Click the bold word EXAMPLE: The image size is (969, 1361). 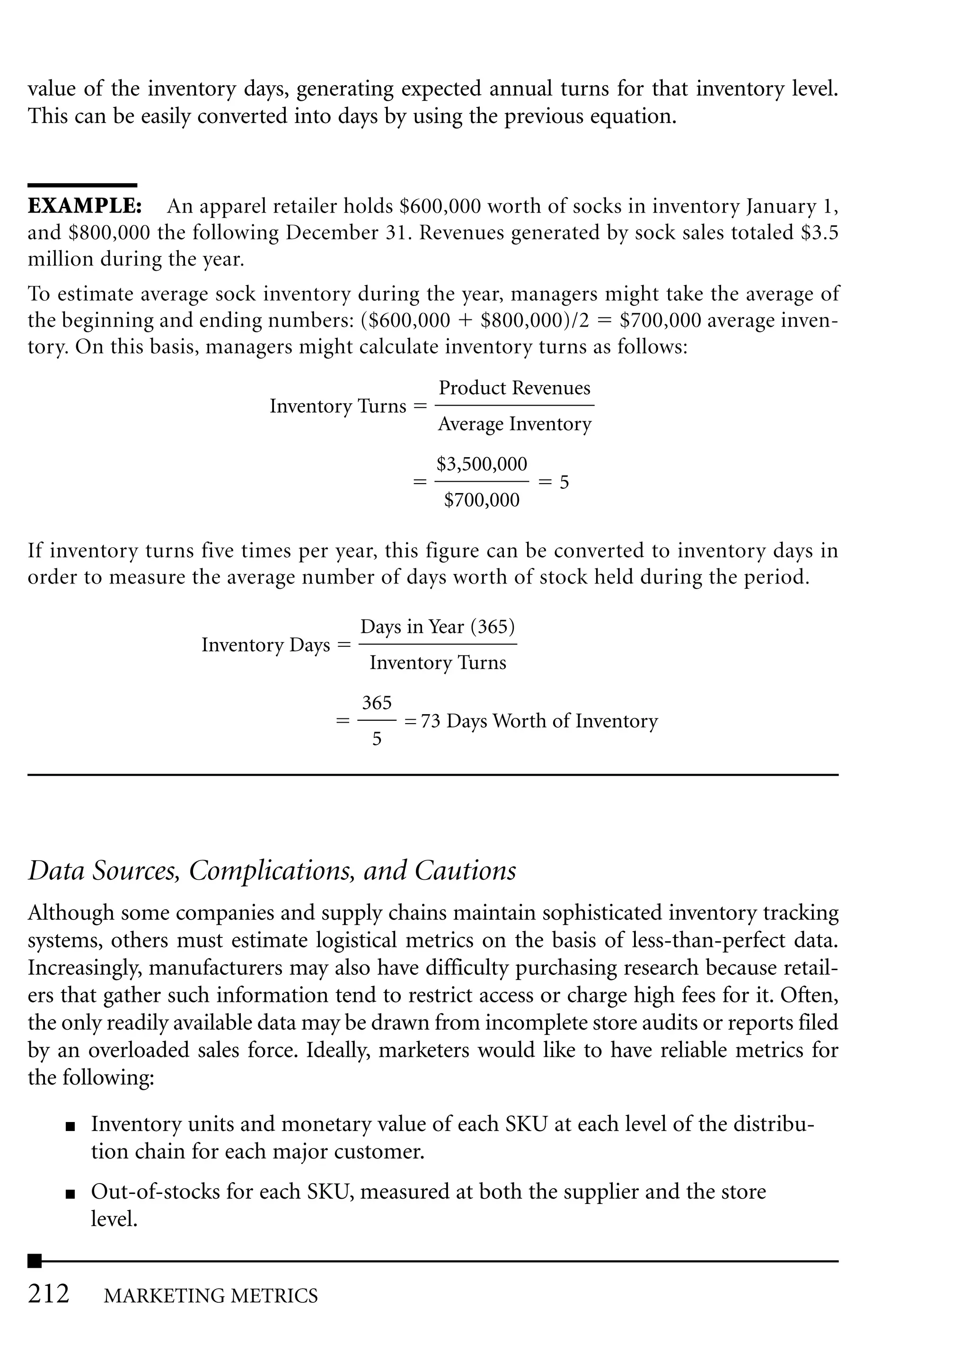coord(85,206)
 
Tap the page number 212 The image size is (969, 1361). coord(48,1294)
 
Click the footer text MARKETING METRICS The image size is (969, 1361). coord(211,1296)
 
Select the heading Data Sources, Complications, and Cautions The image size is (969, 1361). coord(272,871)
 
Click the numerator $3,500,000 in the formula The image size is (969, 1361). coord(482,464)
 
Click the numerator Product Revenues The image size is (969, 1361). coord(514,388)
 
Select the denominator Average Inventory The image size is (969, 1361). coord(514,424)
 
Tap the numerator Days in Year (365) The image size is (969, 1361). coord(437,627)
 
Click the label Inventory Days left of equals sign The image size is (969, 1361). coord(265,645)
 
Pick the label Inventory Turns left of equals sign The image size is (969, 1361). coord(338,407)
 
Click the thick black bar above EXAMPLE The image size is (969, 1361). coord(82,186)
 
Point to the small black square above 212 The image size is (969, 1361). coord(35,1261)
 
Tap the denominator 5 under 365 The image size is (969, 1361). coord(377,739)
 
